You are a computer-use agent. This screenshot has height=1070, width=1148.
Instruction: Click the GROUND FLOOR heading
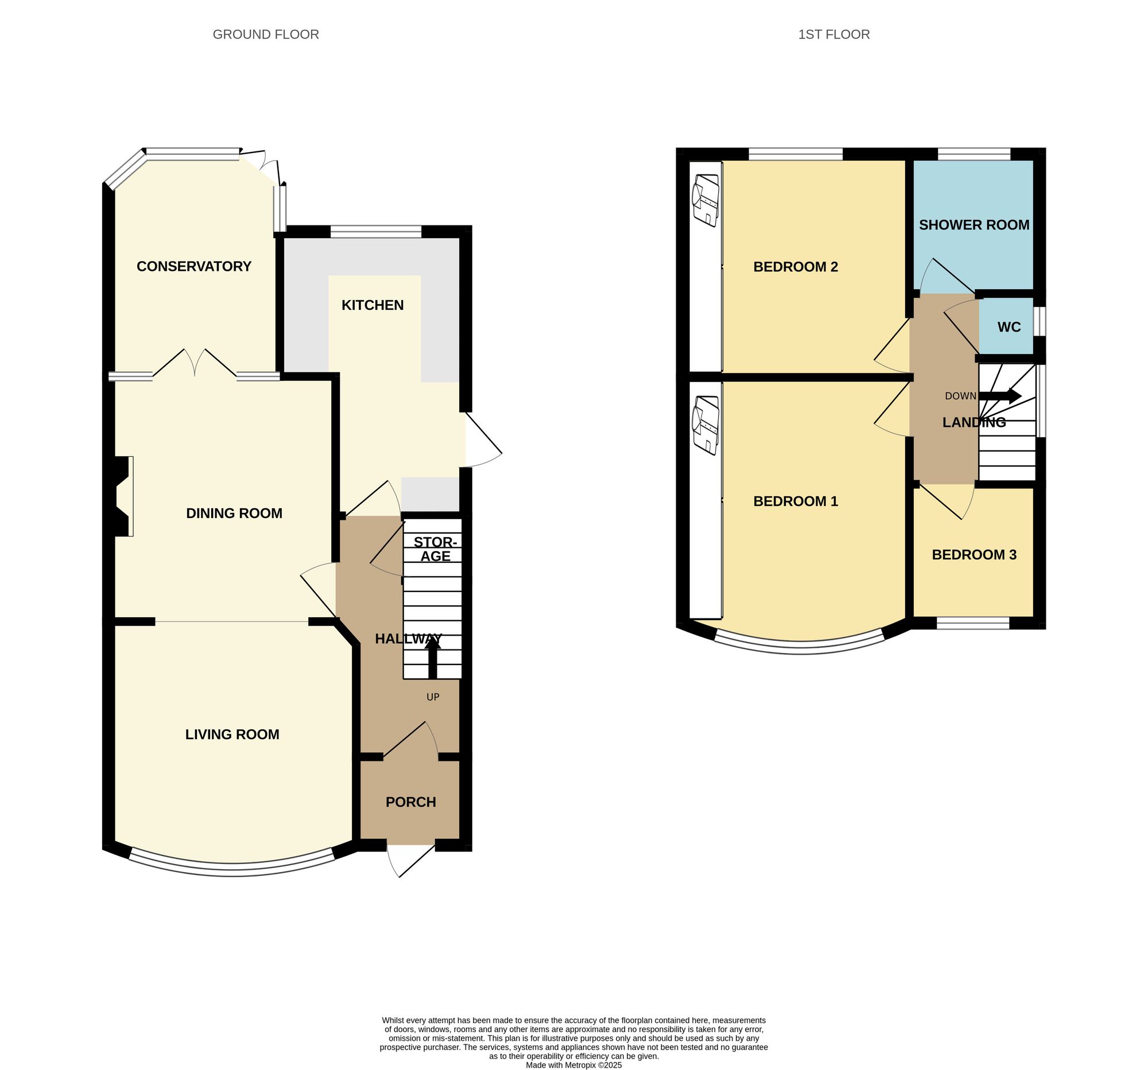tap(266, 34)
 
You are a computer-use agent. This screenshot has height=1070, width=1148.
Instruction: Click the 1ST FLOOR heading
tap(833, 34)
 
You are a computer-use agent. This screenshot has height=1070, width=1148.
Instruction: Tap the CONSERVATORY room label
tap(193, 266)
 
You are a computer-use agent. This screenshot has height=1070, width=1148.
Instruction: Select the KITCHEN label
tap(373, 305)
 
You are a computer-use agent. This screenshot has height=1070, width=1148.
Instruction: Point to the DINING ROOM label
tap(234, 513)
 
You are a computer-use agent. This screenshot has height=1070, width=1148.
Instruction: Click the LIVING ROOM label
tap(232, 734)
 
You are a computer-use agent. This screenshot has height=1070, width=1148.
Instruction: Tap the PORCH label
tap(410, 801)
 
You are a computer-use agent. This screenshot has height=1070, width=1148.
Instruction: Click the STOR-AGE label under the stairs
tap(435, 549)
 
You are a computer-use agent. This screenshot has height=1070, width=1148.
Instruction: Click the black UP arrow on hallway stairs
tap(433, 658)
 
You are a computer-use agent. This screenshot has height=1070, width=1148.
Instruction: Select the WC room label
tap(1009, 327)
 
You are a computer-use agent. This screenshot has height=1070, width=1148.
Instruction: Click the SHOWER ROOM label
tap(974, 225)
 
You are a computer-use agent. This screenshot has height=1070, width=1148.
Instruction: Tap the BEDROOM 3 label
tap(974, 555)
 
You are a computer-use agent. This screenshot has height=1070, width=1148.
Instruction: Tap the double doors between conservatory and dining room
tap(195, 364)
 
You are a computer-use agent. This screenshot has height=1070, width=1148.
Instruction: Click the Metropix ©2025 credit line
tap(573, 1065)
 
